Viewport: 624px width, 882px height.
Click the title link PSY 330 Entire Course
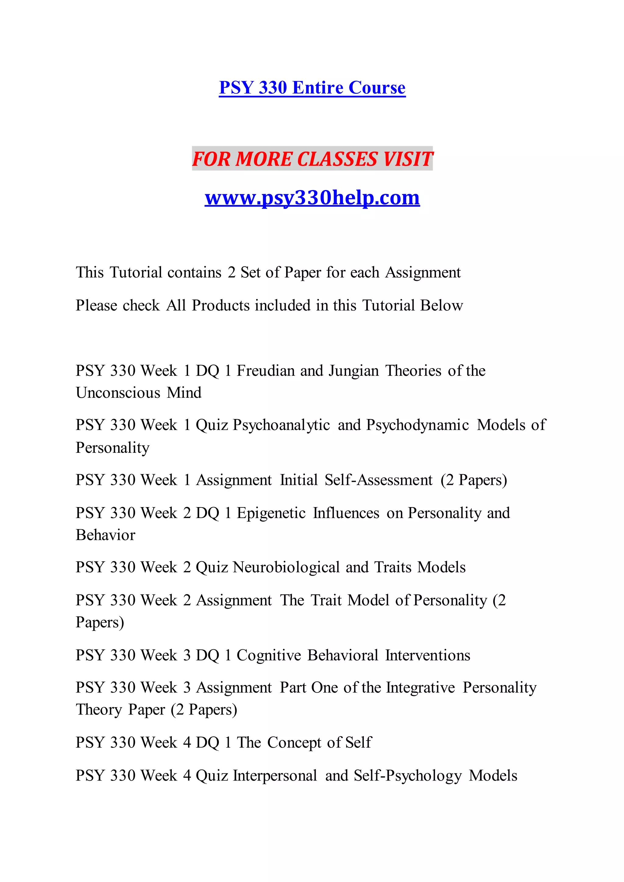point(312,88)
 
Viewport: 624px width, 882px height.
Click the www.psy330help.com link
point(312,198)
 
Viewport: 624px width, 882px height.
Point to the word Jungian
point(353,371)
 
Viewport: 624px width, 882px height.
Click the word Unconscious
point(118,393)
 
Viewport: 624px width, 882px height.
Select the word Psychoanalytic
point(281,425)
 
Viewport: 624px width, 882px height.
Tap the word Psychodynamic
point(417,425)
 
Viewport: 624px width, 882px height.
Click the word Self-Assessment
point(378,480)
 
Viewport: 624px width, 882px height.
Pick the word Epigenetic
point(271,513)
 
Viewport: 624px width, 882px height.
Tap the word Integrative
point(420,687)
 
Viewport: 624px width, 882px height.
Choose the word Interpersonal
point(275,775)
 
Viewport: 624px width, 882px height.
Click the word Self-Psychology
point(407,775)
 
